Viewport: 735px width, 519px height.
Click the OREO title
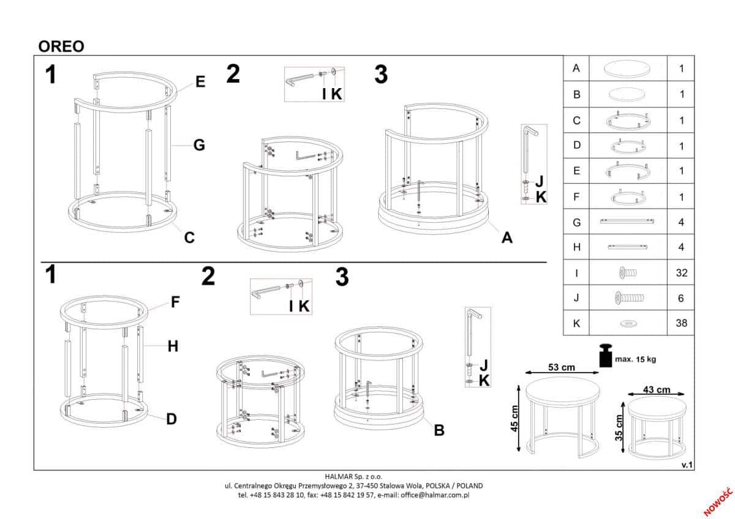(x=61, y=47)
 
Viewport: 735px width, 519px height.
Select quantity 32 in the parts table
(x=681, y=273)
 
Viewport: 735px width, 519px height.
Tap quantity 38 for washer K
(x=681, y=323)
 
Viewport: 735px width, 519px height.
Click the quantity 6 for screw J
(x=681, y=298)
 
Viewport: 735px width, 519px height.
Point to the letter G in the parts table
(x=576, y=223)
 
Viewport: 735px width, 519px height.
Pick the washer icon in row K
(x=628, y=324)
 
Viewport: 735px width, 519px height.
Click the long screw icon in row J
(x=628, y=298)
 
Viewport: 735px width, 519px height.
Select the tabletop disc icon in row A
(x=628, y=69)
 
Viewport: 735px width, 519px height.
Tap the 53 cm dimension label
(x=562, y=367)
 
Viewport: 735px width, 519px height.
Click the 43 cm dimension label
(x=656, y=390)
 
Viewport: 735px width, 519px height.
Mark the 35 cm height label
(x=619, y=428)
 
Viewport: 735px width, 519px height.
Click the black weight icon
(x=605, y=355)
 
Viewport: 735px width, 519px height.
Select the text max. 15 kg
(x=635, y=359)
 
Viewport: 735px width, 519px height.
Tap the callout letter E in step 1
(x=200, y=81)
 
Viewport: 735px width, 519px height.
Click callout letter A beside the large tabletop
(x=507, y=237)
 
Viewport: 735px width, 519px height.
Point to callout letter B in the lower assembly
(x=439, y=430)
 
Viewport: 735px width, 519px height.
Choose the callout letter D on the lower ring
(x=171, y=419)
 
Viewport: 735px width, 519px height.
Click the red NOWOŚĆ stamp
(x=718, y=502)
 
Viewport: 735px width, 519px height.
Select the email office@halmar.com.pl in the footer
(x=435, y=495)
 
